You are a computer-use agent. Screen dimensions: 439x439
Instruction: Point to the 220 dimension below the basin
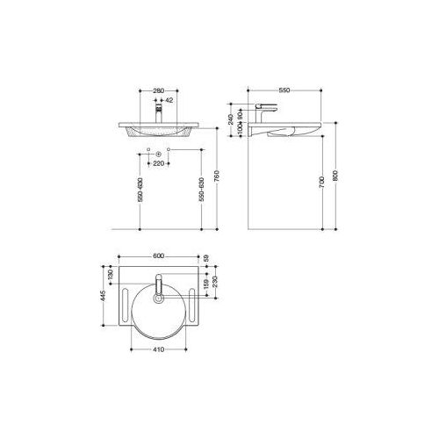(x=159, y=162)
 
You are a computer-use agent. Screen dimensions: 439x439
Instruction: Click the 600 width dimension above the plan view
(x=159, y=256)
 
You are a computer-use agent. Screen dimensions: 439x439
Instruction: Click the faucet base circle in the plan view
(x=159, y=299)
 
